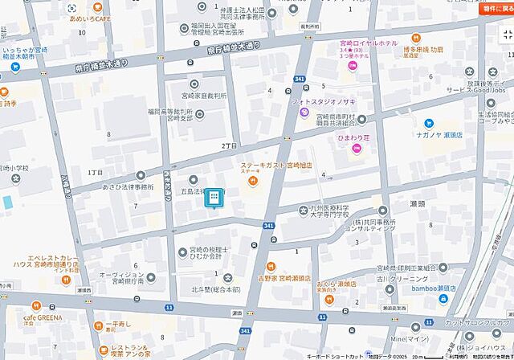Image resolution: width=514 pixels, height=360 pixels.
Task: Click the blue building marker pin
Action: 214,198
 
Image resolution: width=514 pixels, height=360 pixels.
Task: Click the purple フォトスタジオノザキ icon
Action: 304,112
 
